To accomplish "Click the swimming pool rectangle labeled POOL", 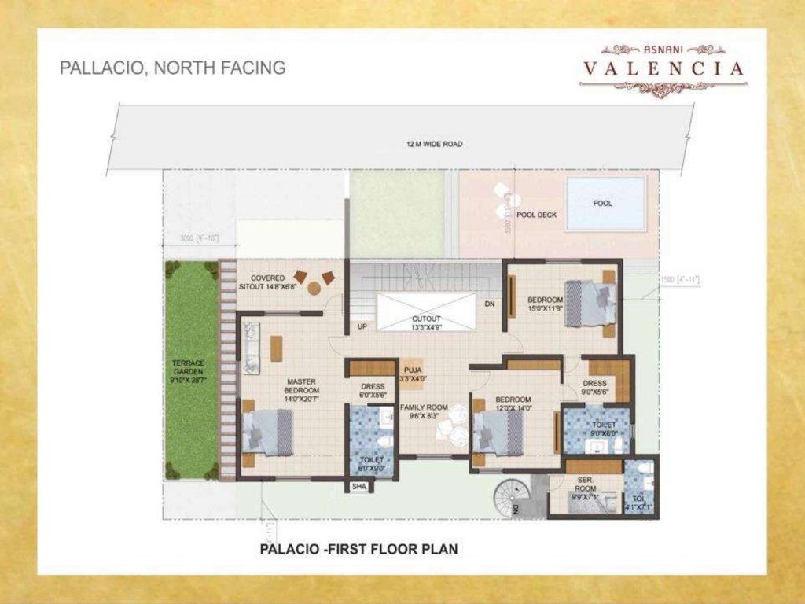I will point(605,203).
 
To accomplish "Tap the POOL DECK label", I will point(536,214).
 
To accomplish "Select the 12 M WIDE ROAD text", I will point(434,145).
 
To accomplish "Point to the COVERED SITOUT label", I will point(267,282).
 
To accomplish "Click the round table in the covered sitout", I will point(314,288).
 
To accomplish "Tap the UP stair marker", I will point(362,326).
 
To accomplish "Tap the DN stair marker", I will point(489,304).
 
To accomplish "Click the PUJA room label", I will point(413,374).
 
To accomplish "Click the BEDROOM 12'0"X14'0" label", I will point(513,403).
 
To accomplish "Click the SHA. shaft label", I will point(359,488).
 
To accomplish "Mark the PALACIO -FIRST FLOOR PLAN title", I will point(358,549).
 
